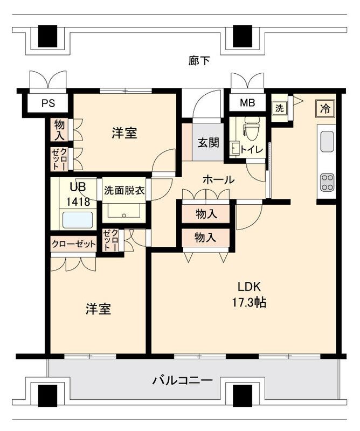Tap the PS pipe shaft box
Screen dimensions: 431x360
(49, 104)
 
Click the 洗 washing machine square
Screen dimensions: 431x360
(279, 108)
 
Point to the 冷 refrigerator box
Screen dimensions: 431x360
(326, 108)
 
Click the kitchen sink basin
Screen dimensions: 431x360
(327, 141)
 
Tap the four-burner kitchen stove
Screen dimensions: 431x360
(327, 182)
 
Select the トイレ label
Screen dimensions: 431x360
(252, 150)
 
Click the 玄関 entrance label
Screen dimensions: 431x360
(208, 143)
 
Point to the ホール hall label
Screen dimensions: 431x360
(218, 180)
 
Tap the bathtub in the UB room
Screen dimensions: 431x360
(77, 219)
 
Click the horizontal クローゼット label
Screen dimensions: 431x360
(74, 244)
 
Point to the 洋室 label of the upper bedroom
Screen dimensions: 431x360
(124, 133)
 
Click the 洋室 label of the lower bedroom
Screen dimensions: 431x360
(98, 309)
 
